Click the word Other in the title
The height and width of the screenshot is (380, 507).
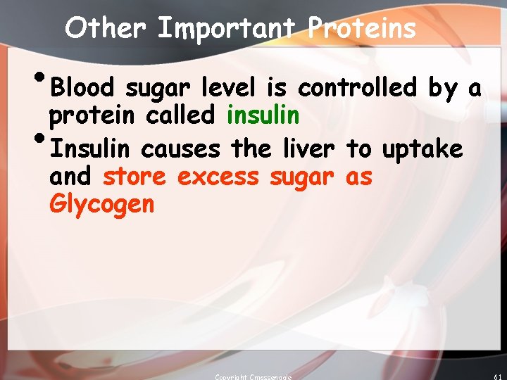point(106,28)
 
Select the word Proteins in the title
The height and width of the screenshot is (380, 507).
point(362,28)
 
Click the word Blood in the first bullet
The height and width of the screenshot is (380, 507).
point(83,89)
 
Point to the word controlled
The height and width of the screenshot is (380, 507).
point(357,89)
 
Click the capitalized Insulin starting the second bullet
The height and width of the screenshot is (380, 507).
point(91,149)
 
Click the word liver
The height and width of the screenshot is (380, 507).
point(304,149)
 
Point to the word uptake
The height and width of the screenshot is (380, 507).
point(423,149)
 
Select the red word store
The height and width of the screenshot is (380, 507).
point(135,177)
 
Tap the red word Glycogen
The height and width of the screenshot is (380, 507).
point(101,205)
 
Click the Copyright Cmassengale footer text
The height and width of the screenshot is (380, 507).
point(254,376)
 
